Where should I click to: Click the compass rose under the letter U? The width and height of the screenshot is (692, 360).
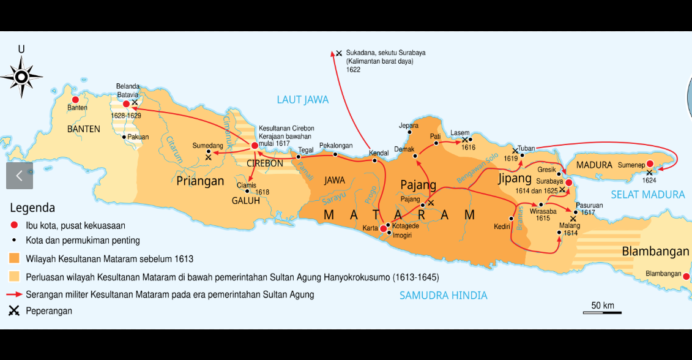(21, 77)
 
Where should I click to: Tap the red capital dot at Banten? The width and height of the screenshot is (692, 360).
(75, 100)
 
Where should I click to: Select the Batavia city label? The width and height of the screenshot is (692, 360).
(128, 95)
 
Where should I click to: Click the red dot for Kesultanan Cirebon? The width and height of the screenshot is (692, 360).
(255, 146)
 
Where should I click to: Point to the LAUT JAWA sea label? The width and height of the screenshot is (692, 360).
(302, 100)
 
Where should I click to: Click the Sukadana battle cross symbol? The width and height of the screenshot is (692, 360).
(339, 53)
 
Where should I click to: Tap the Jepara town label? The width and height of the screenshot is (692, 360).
(409, 126)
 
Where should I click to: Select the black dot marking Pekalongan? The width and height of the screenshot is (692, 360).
(335, 154)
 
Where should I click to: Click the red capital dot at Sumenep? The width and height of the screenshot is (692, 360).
(650, 164)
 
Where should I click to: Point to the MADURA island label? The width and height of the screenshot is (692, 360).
(594, 165)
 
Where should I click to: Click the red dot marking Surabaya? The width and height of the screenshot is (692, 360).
(568, 182)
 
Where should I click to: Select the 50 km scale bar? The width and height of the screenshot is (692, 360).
(602, 312)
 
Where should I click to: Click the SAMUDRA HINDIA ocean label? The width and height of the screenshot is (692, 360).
(443, 295)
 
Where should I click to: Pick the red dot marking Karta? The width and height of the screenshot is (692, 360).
(383, 228)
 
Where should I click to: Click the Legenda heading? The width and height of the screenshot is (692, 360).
(32, 208)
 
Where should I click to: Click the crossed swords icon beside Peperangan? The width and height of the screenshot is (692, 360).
(14, 311)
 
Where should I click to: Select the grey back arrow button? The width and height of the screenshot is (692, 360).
(19, 176)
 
